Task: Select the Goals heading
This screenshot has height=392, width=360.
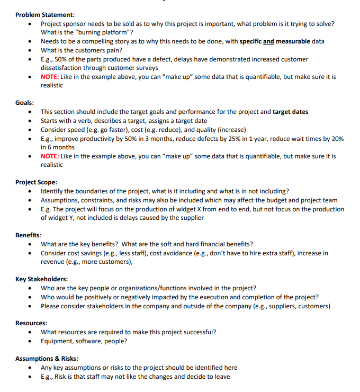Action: coord(25,103)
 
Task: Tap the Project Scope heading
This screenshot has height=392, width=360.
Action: coord(37,182)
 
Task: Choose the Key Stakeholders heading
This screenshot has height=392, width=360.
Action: coord(41,279)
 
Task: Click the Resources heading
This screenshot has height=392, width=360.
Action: coord(31,323)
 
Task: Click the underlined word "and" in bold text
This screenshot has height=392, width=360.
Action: coord(269,41)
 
